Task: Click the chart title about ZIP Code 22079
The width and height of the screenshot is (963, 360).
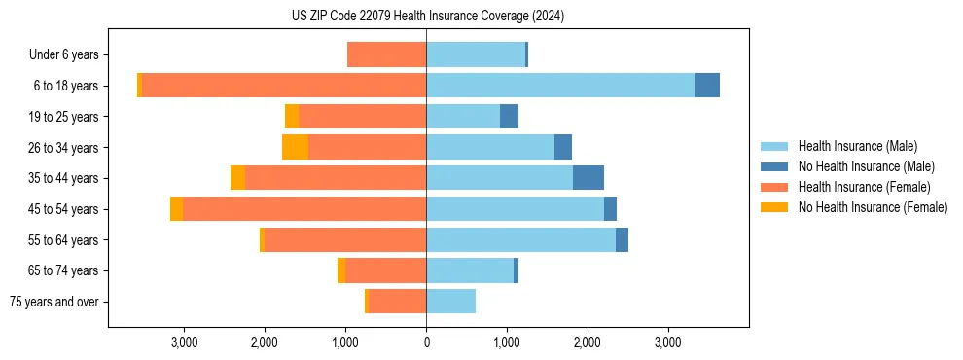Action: pos(427,17)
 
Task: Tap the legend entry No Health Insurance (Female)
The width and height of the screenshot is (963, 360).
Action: pos(873,207)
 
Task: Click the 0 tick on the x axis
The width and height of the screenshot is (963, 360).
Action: pos(426,342)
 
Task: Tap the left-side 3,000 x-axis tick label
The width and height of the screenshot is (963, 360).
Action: pos(184,342)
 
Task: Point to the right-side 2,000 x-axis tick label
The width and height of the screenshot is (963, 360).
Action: pos(587,342)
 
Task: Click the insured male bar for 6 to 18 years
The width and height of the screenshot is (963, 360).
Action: pos(560,86)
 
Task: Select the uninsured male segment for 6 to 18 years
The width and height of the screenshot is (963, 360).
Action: pos(707,86)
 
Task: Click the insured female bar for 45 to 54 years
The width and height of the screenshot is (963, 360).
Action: pos(304,209)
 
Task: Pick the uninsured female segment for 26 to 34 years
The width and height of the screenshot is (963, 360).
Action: pos(295,147)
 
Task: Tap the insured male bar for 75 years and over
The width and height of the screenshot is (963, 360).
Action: pos(450,302)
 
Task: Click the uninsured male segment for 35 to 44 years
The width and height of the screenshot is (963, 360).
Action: pos(588,178)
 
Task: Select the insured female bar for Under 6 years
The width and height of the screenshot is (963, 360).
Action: pos(386,55)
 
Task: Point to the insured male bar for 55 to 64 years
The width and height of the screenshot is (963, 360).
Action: pos(520,240)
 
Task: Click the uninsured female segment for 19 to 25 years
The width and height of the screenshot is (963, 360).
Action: pos(292,117)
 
